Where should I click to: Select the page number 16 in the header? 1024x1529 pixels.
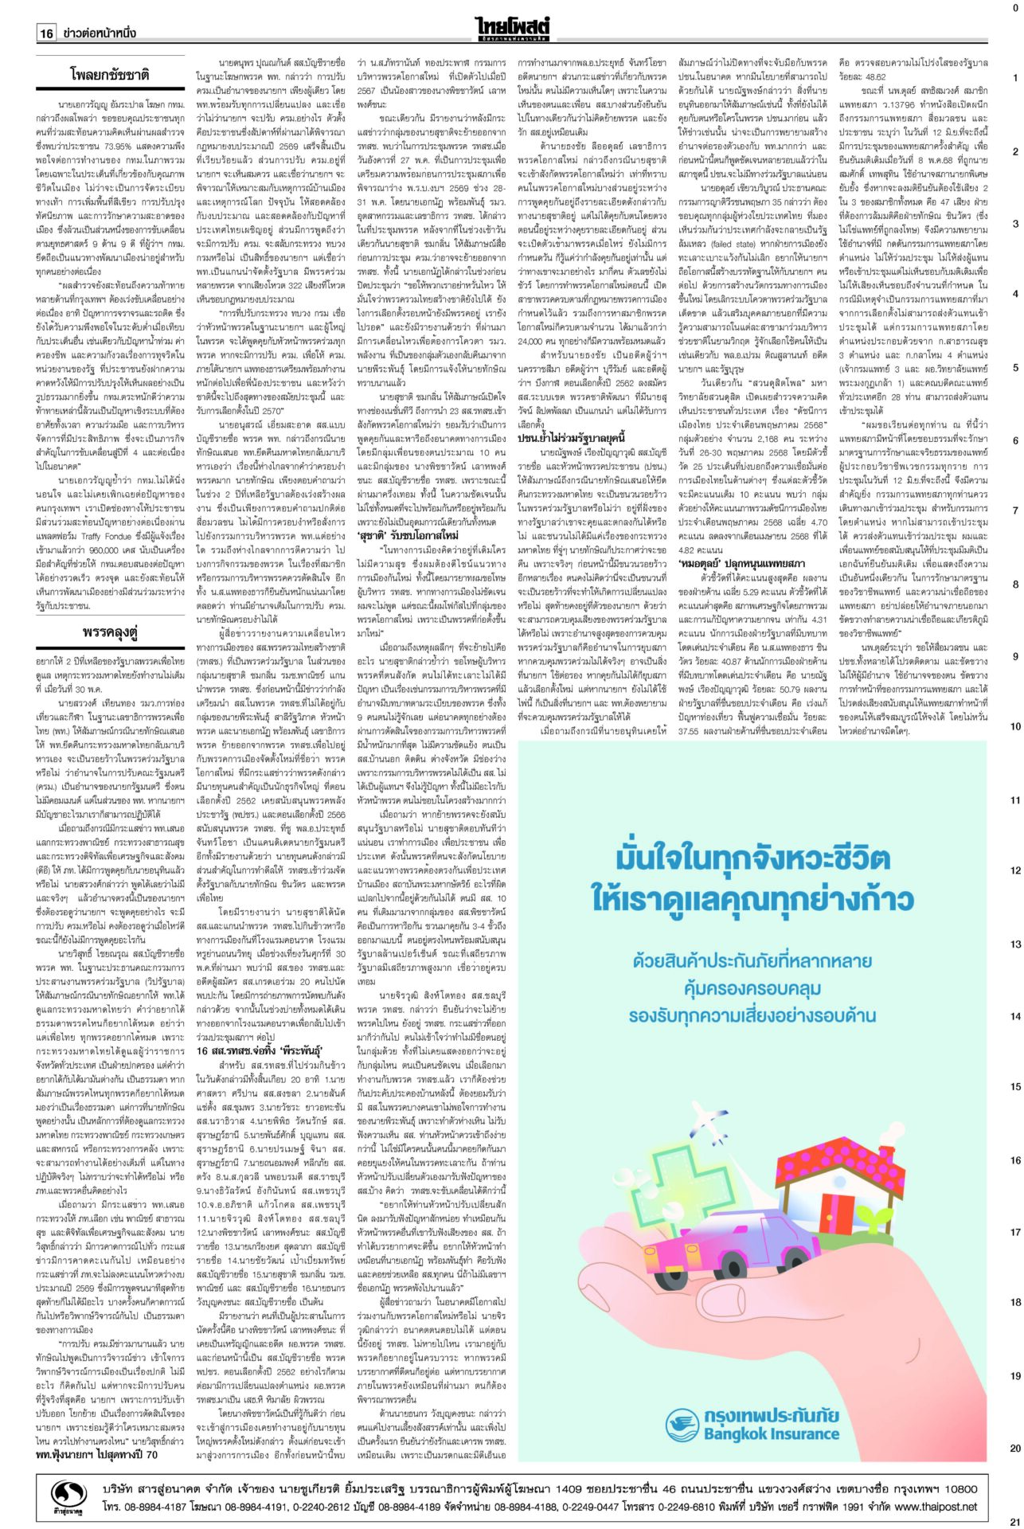(x=46, y=33)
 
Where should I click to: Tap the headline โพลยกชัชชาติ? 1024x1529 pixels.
(x=111, y=76)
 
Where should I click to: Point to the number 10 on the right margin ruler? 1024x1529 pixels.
(x=1014, y=726)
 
